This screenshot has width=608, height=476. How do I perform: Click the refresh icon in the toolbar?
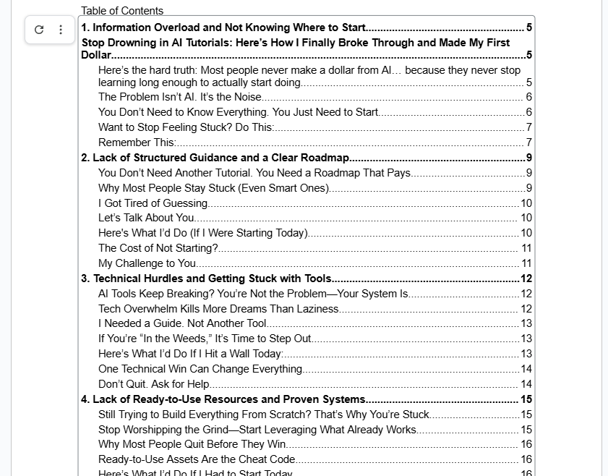coord(39,30)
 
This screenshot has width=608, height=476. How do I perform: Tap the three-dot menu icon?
coord(61,30)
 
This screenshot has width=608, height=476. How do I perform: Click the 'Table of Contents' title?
coord(122,10)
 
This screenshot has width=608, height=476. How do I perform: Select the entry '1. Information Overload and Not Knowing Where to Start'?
coord(223,27)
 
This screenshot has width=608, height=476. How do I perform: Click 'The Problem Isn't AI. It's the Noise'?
coord(179,97)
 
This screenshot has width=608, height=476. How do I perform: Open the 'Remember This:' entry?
coord(137,143)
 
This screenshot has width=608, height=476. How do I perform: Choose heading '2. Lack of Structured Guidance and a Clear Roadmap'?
coord(215,158)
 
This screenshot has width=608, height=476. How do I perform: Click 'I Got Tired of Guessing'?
coord(153,203)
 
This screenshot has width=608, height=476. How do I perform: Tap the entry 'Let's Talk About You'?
coord(146,218)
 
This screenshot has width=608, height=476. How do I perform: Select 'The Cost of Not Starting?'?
coord(158,248)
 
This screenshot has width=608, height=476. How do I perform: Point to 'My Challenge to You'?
coord(147,263)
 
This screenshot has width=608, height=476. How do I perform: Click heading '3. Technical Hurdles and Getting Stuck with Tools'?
coord(206,279)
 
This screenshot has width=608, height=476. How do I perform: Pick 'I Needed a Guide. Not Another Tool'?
coord(182,323)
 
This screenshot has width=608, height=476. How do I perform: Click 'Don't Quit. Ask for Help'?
coord(154,384)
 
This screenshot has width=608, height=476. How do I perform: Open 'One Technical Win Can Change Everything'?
coord(200,369)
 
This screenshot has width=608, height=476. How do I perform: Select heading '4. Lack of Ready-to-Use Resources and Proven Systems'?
coord(223,399)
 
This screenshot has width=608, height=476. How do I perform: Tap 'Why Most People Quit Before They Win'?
coord(192,444)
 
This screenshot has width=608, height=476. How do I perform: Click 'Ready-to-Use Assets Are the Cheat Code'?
coord(197,459)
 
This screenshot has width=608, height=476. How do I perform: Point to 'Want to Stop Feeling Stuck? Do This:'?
coord(186,127)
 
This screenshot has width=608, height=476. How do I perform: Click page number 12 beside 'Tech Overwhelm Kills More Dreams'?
coord(526,309)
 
